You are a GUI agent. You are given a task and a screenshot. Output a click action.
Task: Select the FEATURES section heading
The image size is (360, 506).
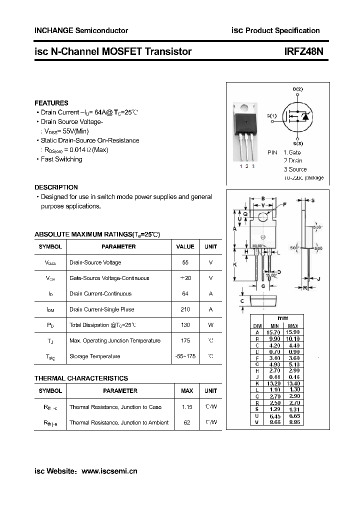[51, 103]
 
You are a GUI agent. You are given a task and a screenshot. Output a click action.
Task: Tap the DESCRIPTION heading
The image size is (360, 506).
[56, 187]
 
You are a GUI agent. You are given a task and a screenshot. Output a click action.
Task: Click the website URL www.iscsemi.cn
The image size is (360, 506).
[109, 471]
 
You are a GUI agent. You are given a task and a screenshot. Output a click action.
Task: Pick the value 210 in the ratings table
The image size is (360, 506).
[185, 309]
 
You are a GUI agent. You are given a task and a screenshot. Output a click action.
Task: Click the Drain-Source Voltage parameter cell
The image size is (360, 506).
[95, 262]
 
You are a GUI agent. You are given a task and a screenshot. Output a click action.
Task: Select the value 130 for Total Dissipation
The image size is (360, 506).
[185, 325]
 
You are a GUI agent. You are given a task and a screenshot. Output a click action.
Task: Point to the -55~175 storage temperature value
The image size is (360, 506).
[185, 356]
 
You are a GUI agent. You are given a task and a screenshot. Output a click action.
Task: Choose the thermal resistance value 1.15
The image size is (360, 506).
[187, 407]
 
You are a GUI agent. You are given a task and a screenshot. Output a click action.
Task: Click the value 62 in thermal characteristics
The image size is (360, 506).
[187, 422]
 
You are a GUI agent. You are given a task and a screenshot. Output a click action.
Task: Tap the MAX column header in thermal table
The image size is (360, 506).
[187, 391]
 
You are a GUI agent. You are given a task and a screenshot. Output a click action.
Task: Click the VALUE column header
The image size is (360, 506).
[185, 246]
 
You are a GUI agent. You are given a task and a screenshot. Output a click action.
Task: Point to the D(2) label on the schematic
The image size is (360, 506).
[297, 89]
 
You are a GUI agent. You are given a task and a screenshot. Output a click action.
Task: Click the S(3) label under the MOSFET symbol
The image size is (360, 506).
[297, 143]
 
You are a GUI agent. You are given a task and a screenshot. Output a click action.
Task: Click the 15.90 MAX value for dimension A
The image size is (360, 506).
[293, 332]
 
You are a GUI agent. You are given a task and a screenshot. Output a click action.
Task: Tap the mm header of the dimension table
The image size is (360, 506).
[283, 318]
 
